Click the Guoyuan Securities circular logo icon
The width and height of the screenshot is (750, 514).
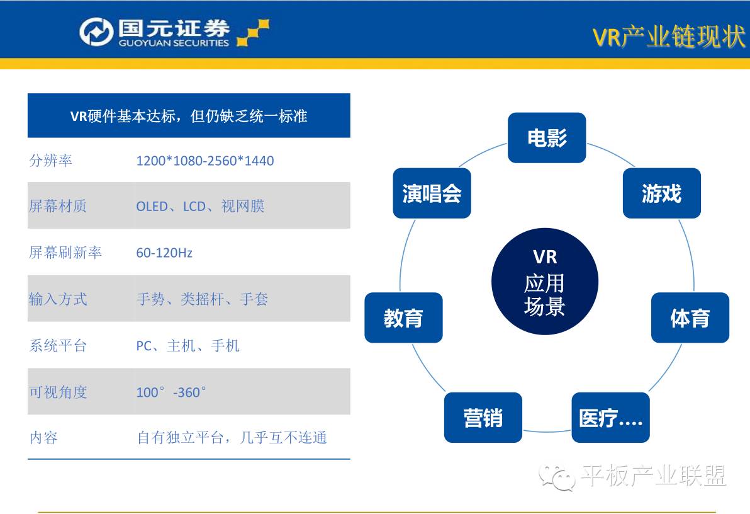(x=96, y=32)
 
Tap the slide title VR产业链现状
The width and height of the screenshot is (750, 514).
(x=668, y=37)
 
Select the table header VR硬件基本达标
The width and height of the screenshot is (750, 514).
(x=189, y=116)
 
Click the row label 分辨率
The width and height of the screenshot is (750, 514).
(x=51, y=161)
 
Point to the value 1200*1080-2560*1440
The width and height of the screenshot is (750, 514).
(x=205, y=161)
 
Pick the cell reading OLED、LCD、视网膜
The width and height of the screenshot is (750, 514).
(x=200, y=207)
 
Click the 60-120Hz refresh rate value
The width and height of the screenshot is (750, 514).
(x=164, y=253)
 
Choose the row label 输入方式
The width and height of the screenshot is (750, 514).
(x=58, y=299)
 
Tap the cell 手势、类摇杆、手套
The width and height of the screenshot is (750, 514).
(x=202, y=299)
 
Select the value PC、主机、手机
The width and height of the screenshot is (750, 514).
(x=187, y=346)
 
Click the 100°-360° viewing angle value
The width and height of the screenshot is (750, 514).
(x=171, y=392)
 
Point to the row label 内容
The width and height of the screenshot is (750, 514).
(x=43, y=438)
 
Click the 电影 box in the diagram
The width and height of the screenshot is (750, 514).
(x=547, y=138)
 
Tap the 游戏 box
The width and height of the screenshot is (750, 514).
(x=661, y=193)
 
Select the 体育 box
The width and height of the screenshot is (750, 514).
(x=690, y=318)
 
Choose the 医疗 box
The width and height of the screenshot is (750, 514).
(x=610, y=418)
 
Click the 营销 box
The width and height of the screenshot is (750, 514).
(x=483, y=418)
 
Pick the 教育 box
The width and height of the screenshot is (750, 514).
(x=403, y=318)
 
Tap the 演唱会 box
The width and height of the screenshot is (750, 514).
(x=432, y=193)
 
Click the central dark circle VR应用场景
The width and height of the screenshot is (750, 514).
(x=545, y=282)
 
